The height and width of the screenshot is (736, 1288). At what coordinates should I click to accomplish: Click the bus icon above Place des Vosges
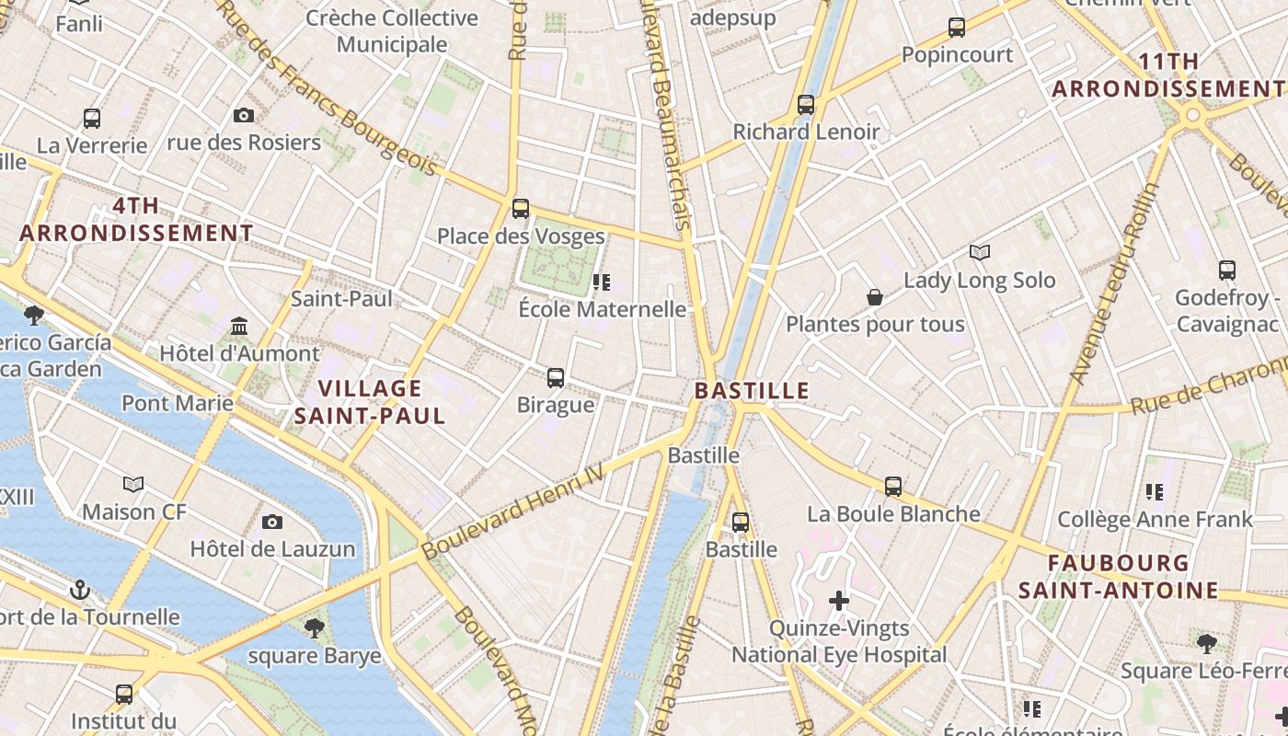click(521, 209)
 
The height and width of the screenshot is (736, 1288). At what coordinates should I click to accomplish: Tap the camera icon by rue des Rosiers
click(244, 115)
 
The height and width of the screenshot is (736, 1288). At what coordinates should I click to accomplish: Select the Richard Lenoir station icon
click(806, 104)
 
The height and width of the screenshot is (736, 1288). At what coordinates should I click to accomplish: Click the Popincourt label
click(957, 55)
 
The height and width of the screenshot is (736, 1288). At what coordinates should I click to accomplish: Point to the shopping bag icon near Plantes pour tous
click(874, 297)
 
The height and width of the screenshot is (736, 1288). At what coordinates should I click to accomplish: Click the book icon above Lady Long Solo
click(980, 252)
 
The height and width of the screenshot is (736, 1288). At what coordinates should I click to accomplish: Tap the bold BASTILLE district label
click(752, 390)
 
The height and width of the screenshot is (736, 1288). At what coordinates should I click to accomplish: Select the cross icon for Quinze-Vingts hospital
click(838, 601)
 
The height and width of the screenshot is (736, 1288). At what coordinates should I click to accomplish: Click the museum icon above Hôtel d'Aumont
click(239, 326)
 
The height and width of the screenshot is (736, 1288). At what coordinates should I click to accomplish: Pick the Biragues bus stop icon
click(556, 377)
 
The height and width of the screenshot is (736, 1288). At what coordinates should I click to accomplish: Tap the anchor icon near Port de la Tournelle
click(80, 588)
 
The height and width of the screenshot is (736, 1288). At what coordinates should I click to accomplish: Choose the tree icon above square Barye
click(314, 628)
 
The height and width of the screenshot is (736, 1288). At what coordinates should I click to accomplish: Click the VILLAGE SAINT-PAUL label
click(370, 402)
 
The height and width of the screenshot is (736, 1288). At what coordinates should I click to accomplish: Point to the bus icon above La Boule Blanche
click(892, 486)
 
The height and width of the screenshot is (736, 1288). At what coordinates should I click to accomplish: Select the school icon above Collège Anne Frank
click(1155, 491)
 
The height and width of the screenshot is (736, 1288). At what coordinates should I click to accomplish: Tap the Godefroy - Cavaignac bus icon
click(1226, 270)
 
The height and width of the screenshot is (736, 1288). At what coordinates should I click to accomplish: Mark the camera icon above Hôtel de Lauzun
click(272, 522)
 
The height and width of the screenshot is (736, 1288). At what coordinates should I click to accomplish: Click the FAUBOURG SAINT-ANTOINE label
click(1119, 576)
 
